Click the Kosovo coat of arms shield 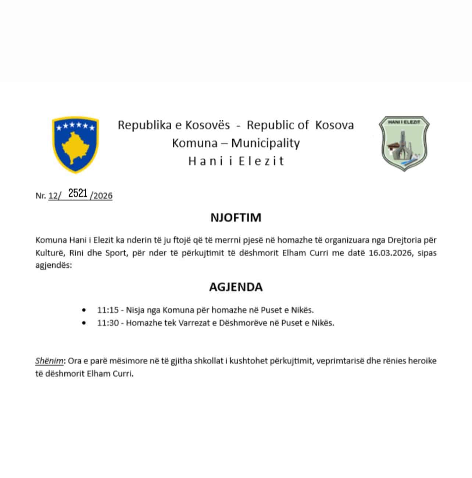[75, 145]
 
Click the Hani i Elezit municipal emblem [404, 143]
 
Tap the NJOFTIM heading [236, 217]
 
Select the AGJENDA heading [236, 287]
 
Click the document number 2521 [78, 193]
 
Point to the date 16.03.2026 [390, 253]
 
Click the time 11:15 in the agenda [108, 310]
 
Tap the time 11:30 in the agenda [108, 323]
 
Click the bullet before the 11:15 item [85, 310]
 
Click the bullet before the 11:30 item [85, 323]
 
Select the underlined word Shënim [49, 361]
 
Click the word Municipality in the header [265, 143]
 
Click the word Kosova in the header [334, 125]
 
